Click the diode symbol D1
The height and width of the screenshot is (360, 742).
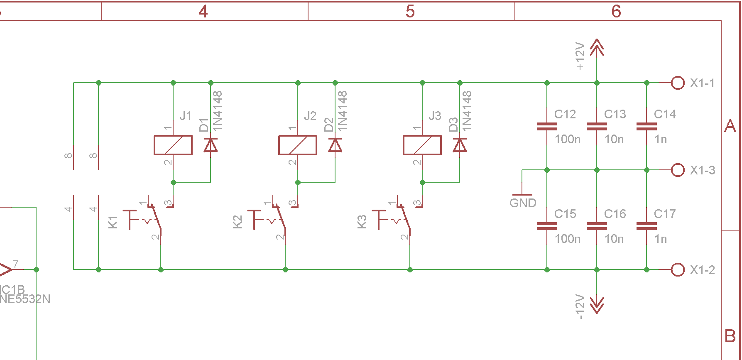tap(211, 145)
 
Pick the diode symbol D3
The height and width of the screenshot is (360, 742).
tap(460, 145)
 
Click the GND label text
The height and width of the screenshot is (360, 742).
tap(523, 203)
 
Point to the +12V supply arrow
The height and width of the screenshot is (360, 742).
tap(597, 48)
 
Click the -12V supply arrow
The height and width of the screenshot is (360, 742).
tap(597, 304)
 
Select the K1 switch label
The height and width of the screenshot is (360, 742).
tap(113, 222)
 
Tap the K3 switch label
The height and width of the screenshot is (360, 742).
tap(362, 222)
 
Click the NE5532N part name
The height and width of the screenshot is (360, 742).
tap(25, 299)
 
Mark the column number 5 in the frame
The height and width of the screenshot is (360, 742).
tap(410, 12)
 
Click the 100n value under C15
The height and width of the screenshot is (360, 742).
tap(568, 239)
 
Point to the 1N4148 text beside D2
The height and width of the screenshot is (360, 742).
tap(342, 111)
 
